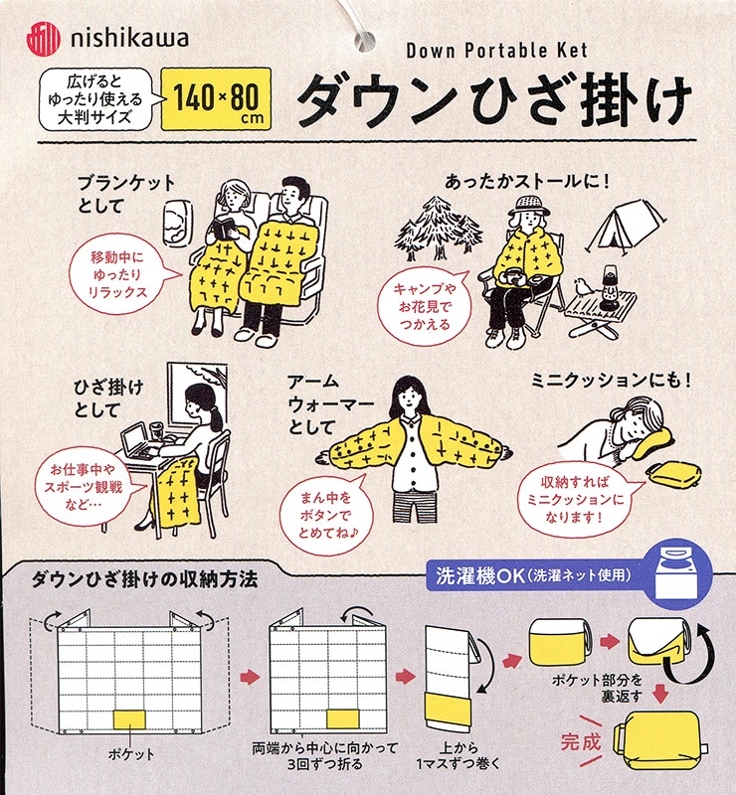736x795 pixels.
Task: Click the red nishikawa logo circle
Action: tap(43, 39)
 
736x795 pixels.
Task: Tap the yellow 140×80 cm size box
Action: tap(216, 98)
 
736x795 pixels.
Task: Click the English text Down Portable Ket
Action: tap(496, 51)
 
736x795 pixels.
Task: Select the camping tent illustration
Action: tap(627, 224)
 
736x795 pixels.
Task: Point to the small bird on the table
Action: tap(583, 287)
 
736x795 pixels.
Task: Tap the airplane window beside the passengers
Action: tap(178, 222)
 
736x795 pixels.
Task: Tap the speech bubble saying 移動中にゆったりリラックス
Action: tap(120, 274)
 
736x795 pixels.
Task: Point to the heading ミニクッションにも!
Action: tap(611, 380)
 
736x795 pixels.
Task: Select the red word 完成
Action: tap(581, 741)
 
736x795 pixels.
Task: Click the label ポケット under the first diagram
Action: tap(131, 754)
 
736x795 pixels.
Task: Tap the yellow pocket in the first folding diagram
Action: tap(129, 719)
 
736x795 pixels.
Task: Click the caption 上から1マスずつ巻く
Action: tap(458, 755)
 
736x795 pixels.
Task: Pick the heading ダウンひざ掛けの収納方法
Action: tap(144, 579)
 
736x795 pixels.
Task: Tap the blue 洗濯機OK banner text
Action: tap(533, 575)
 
